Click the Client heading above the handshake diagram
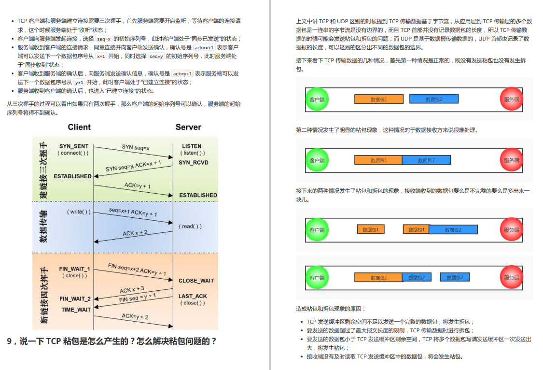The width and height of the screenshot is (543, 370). [79, 127]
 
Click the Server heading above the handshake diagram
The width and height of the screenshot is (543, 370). [188, 127]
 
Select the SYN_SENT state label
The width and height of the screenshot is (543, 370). [74, 146]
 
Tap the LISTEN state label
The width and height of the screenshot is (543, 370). [192, 146]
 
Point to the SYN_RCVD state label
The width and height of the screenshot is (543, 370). [194, 163]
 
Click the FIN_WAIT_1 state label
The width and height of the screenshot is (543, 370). [74, 269]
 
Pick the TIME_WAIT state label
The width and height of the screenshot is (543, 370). [76, 310]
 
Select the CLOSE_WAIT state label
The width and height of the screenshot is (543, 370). [196, 281]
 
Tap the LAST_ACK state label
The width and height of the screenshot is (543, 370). [193, 296]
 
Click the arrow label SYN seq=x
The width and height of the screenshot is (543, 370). [136, 147]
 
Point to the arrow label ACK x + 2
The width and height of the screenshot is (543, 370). [135, 233]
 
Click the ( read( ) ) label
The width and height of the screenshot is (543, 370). [190, 226]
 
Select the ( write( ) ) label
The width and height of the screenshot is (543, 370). [79, 212]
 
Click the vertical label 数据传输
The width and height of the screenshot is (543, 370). [43, 226]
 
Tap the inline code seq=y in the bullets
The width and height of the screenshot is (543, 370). [156, 57]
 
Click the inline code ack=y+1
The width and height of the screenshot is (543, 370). [183, 74]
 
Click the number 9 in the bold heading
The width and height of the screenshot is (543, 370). [9, 342]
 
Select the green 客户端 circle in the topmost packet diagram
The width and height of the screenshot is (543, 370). [317, 99]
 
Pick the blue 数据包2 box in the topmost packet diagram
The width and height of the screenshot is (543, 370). [434, 99]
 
